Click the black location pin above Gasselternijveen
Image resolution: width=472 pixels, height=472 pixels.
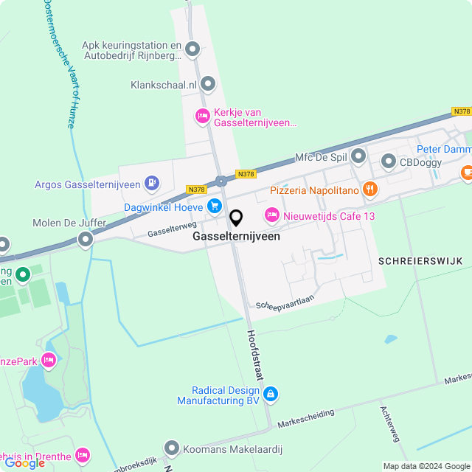tap(236, 218)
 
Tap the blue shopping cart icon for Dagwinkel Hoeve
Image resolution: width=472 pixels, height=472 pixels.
tap(214, 206)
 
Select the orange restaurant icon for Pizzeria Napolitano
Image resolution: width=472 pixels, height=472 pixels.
tap(370, 190)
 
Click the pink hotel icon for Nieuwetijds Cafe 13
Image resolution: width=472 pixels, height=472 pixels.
tap(271, 215)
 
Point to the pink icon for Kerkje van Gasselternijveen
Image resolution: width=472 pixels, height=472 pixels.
tap(202, 116)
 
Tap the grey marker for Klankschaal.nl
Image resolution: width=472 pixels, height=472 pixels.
tap(208, 84)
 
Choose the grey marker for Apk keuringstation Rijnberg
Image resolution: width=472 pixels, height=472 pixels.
tap(192, 49)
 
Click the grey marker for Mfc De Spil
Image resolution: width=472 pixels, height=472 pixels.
tap(358, 156)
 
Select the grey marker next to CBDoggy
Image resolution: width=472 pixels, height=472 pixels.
tap(388, 162)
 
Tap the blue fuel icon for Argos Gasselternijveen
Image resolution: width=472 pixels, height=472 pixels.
tap(151, 182)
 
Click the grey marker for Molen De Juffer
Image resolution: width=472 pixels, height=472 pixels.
tap(86, 239)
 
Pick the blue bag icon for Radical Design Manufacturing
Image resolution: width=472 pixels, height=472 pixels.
tap(271, 395)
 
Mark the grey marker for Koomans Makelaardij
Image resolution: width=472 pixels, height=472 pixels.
tap(171, 448)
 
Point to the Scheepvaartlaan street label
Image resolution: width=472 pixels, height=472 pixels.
tap(285, 304)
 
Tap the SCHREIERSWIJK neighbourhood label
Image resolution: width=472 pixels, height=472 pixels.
tap(420, 261)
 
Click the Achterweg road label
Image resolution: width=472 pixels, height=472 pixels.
tap(389, 423)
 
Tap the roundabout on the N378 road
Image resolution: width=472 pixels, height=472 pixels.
tap(221, 181)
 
